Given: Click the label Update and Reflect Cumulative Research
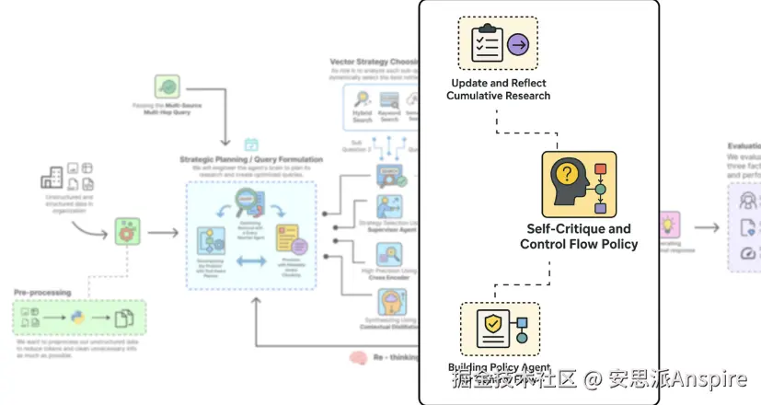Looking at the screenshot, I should point(498,89).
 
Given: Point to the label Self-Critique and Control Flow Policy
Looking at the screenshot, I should point(578,237).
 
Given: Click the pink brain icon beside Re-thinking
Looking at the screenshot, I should point(358,357).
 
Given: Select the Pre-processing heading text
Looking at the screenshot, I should point(42,292).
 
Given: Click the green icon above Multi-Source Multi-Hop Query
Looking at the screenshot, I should point(167,87).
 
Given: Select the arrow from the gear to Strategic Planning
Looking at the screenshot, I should point(163,232).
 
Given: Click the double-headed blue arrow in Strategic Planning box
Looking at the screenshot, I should point(251,262).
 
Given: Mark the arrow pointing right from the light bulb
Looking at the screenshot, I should point(707,227).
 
